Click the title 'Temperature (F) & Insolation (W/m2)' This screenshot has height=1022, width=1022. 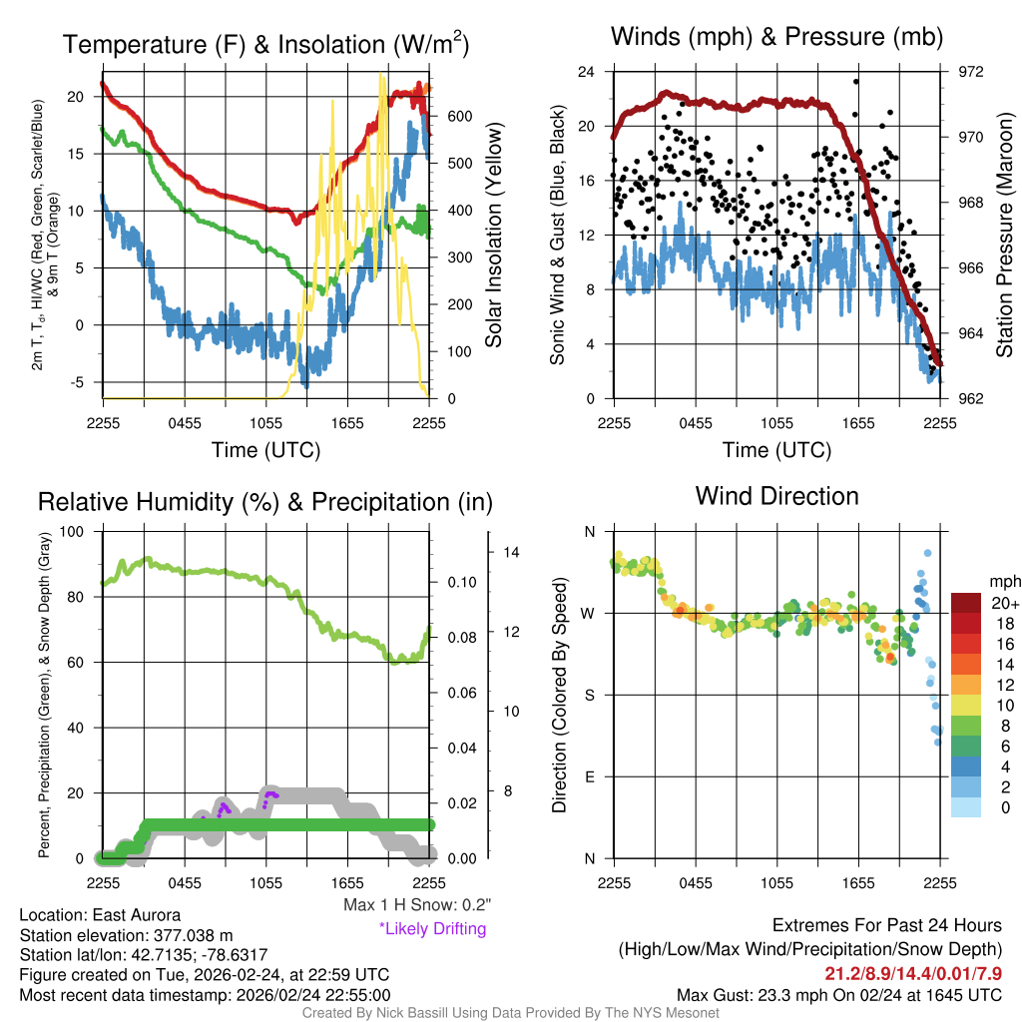pos(266,45)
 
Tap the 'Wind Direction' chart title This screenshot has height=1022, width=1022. pos(776,495)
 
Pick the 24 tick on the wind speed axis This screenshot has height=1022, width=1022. pos(587,72)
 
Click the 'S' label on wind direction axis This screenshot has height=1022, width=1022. pos(590,695)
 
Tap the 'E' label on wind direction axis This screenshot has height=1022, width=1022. pos(590,776)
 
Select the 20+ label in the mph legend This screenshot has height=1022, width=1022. pos(1005,604)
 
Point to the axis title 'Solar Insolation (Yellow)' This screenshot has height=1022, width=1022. pos(494,236)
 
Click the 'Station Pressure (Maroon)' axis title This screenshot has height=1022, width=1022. pos(1005,236)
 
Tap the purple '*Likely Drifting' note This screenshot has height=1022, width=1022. pos(432,929)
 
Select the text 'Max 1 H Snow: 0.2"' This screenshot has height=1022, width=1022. pos(416,904)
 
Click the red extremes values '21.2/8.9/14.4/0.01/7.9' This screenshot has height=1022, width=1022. pos(912,973)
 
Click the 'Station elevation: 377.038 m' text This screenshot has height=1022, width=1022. pos(126,935)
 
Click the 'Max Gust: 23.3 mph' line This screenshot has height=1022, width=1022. pos(838,995)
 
